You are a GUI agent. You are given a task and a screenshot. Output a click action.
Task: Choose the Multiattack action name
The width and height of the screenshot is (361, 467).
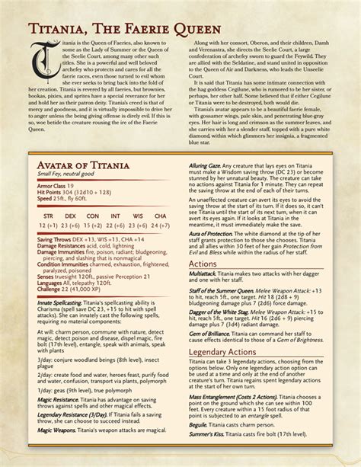click(x=203, y=295)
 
